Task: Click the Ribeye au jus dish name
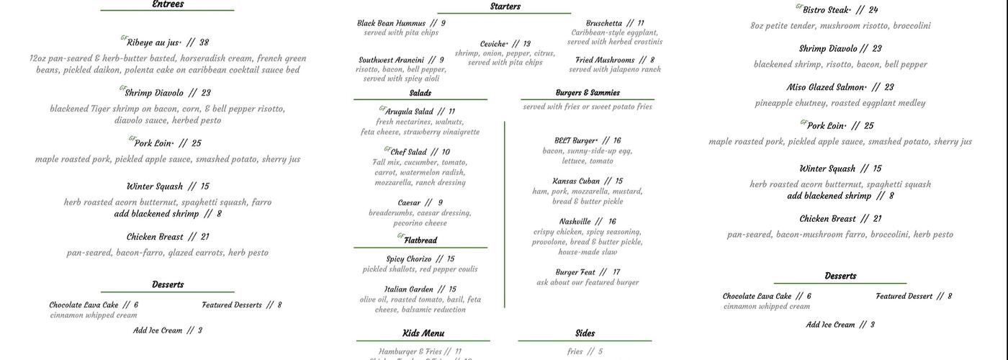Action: (153, 42)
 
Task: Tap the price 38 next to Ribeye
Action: (204, 42)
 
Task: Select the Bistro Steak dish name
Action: (827, 10)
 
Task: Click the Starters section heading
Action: (505, 6)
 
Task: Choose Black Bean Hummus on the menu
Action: (391, 23)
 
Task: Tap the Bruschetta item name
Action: (603, 23)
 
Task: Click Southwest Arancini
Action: (391, 60)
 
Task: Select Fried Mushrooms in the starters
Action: (605, 60)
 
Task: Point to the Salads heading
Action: (420, 93)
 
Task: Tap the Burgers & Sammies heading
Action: (588, 93)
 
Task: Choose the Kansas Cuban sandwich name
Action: (576, 181)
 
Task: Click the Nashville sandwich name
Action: (575, 222)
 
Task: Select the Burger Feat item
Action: (575, 272)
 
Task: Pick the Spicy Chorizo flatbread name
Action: (408, 259)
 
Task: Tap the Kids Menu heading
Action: (423, 333)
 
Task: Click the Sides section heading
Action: (585, 333)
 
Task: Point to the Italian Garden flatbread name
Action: (408, 289)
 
